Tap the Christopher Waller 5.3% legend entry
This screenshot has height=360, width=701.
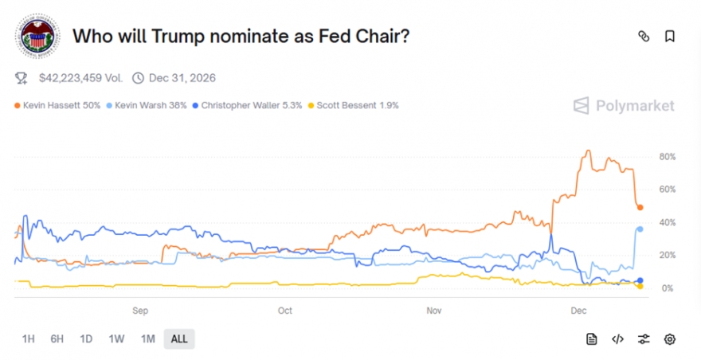coord(248,105)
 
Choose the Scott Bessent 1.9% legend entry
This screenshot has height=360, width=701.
coord(358,105)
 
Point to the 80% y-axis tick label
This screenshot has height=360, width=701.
coord(667,157)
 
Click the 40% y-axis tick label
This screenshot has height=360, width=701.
coord(667,222)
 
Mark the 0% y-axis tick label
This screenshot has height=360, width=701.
coord(667,288)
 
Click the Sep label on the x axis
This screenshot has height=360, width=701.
coord(140,310)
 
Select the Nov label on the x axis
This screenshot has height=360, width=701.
coord(433,310)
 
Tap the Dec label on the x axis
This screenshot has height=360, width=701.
coord(579,310)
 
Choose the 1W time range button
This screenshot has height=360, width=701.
coord(116,339)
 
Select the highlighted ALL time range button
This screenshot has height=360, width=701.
coord(179,339)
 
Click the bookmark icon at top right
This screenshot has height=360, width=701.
coord(670,36)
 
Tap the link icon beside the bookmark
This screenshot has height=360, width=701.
coord(644,36)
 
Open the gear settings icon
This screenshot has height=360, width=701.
coord(670,339)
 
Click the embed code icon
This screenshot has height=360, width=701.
coord(617,339)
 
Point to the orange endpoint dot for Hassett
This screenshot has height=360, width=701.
coord(640,208)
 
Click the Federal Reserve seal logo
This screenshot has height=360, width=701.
coord(37,37)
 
